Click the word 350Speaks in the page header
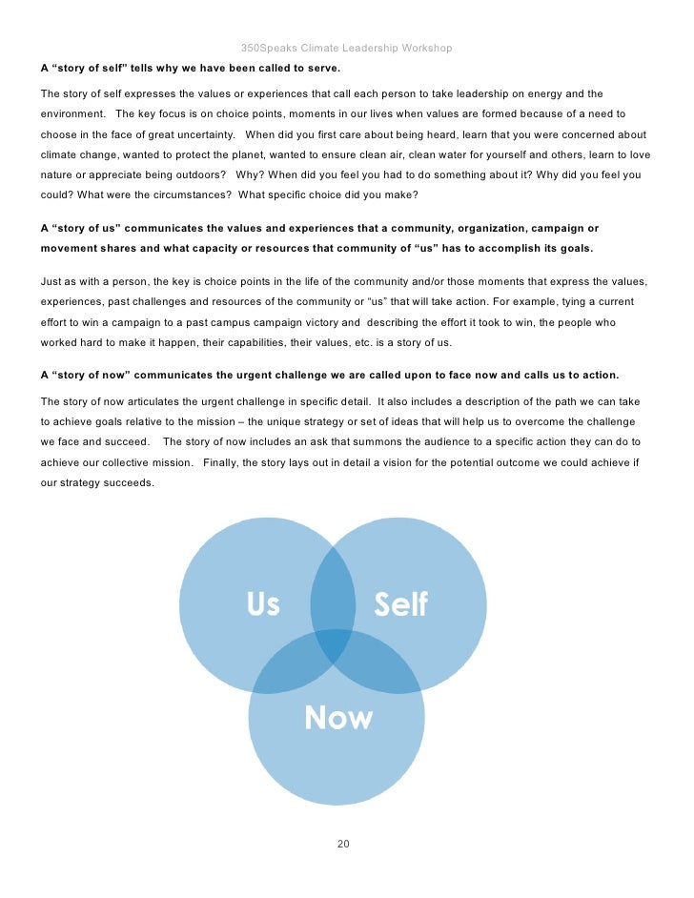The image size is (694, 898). (x=268, y=48)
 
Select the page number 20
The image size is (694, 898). (x=344, y=844)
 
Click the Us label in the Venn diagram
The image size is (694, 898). (x=263, y=604)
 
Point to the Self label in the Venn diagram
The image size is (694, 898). (x=400, y=604)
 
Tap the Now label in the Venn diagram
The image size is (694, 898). (x=338, y=718)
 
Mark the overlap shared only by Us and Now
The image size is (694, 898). (x=286, y=667)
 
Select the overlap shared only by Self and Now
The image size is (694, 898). (x=381, y=667)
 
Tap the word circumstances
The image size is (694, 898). (x=190, y=194)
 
